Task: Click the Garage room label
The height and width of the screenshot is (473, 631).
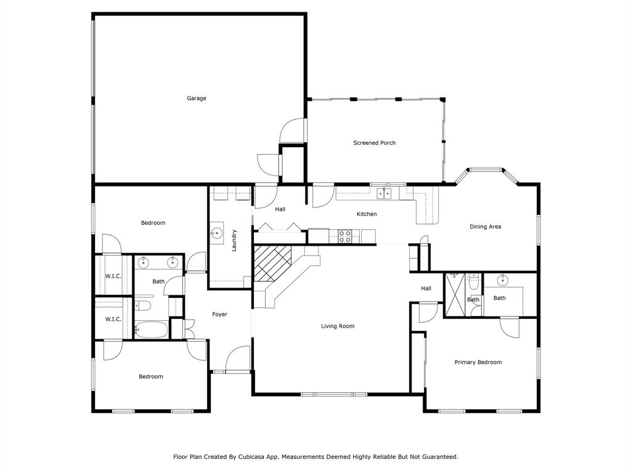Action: click(x=197, y=99)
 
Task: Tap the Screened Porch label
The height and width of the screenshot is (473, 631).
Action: click(x=374, y=143)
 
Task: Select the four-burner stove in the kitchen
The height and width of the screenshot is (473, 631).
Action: click(x=344, y=235)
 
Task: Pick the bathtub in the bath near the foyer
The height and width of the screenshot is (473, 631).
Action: click(x=151, y=330)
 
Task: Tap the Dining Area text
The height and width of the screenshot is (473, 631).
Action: click(x=485, y=227)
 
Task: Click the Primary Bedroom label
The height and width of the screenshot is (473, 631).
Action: click(x=478, y=362)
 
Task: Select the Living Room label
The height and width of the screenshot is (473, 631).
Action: click(x=338, y=326)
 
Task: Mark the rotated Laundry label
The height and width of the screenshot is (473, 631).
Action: click(x=234, y=240)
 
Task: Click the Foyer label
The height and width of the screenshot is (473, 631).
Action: click(x=219, y=315)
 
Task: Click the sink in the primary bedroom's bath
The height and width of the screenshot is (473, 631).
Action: click(x=502, y=280)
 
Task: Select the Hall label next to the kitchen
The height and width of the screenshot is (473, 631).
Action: click(x=280, y=209)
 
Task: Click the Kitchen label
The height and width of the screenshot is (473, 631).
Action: click(x=367, y=214)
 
